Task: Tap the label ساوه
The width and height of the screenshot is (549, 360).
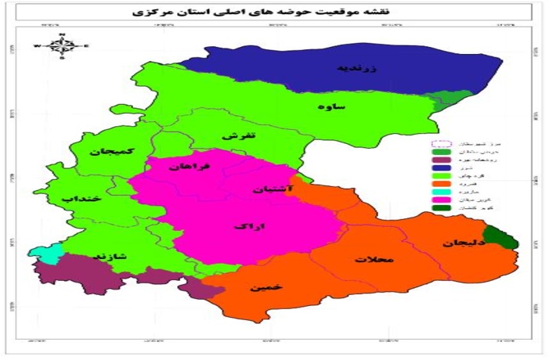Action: coord(332,106)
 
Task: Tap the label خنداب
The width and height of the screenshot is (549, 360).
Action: coord(78,199)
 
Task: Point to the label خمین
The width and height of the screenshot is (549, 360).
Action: coord(262,288)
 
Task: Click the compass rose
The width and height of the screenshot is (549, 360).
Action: coord(62,47)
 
